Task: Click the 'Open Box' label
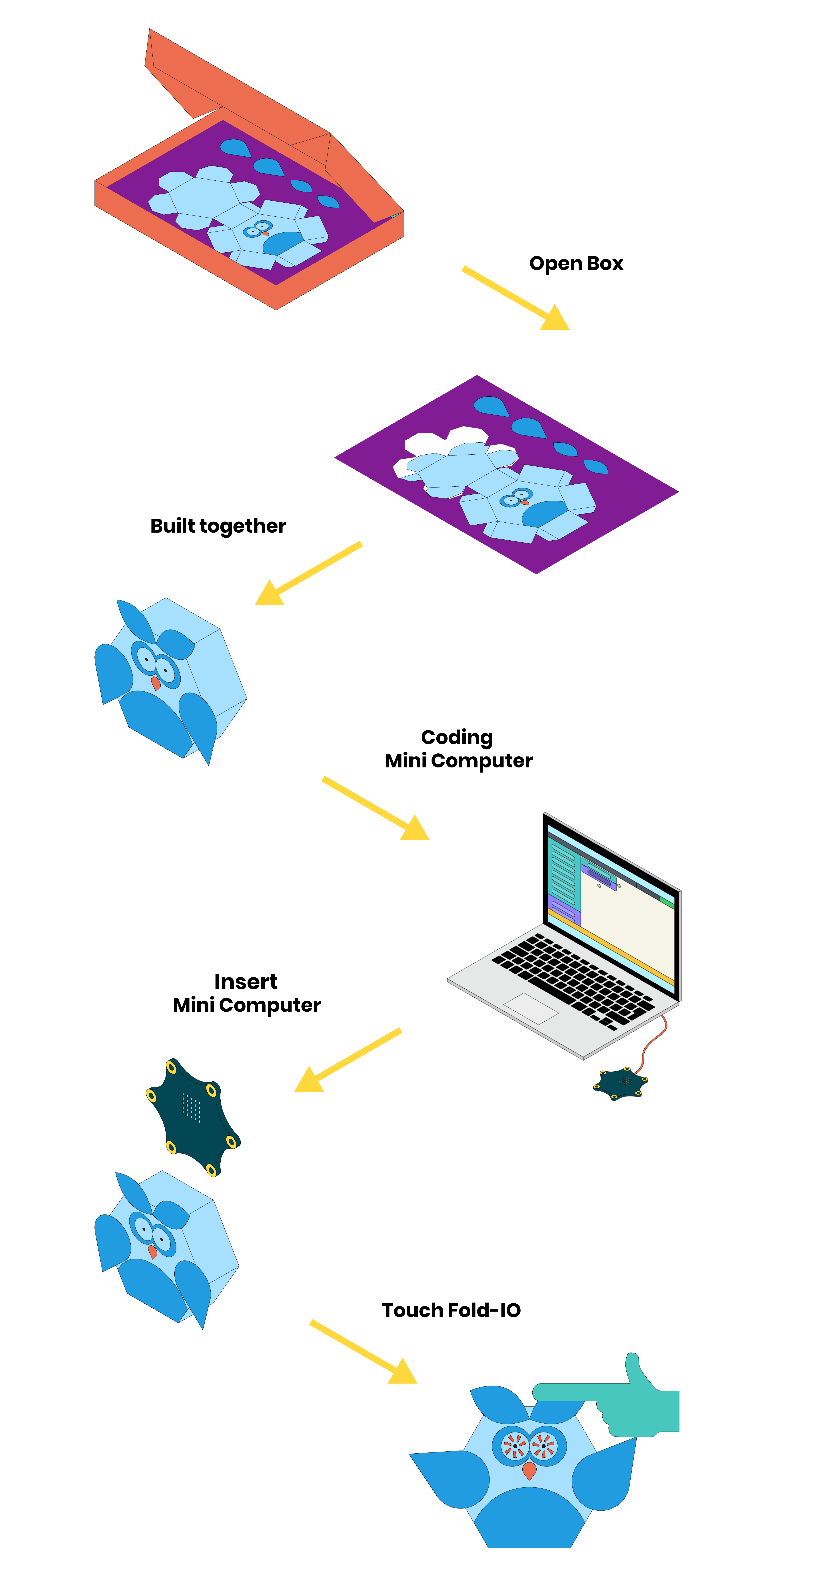click(576, 264)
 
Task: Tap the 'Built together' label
click(218, 526)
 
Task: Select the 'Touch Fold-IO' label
click(451, 1310)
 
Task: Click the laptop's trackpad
click(531, 1008)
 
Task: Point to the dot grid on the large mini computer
click(191, 1107)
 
